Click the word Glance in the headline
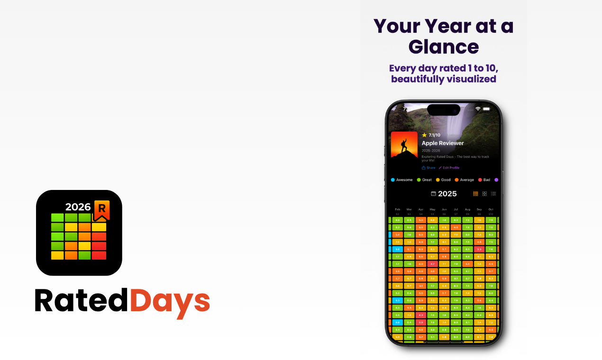pos(444,47)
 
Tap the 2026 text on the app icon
pos(78,207)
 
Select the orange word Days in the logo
pos(169,300)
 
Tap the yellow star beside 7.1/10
pos(424,135)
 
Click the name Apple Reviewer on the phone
pos(443,143)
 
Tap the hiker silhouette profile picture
pos(404,145)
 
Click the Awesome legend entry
pos(401,180)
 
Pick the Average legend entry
pos(464,180)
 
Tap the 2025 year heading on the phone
pos(447,194)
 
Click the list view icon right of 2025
pos(493,194)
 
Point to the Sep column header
pos(479,209)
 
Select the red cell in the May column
pos(432,264)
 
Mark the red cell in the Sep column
pos(479,249)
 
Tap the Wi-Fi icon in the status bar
pos(478,109)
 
